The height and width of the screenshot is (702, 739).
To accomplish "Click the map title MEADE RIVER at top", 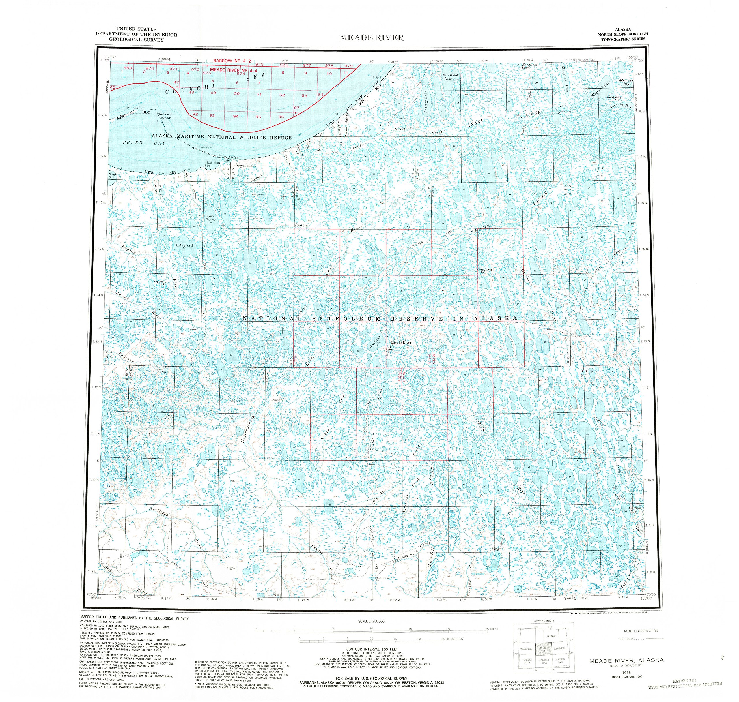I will (371, 37).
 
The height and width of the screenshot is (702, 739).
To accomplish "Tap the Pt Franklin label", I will (134, 108).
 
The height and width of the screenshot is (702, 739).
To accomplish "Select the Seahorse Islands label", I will (165, 116).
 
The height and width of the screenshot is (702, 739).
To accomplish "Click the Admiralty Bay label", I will (626, 82).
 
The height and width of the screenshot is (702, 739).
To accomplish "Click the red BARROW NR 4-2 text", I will (232, 61).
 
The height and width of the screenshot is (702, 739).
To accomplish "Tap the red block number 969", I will (128, 68).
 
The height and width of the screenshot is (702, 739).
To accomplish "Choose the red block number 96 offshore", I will (281, 117).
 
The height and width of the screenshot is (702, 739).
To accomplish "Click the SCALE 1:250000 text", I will (371, 622).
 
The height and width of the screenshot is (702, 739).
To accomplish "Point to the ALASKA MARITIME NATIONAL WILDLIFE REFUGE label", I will (221, 137).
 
